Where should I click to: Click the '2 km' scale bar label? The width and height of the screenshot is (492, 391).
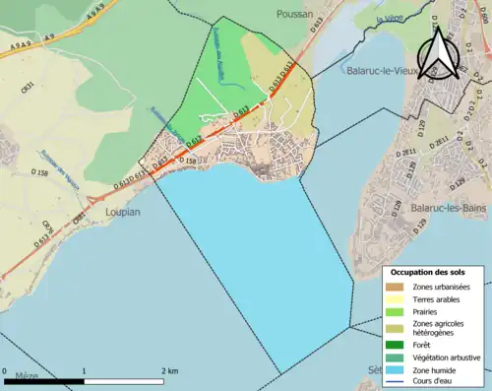[x=168, y=371]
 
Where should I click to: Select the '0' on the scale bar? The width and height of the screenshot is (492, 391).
[x=6, y=371]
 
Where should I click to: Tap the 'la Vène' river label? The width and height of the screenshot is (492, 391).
[x=389, y=19]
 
